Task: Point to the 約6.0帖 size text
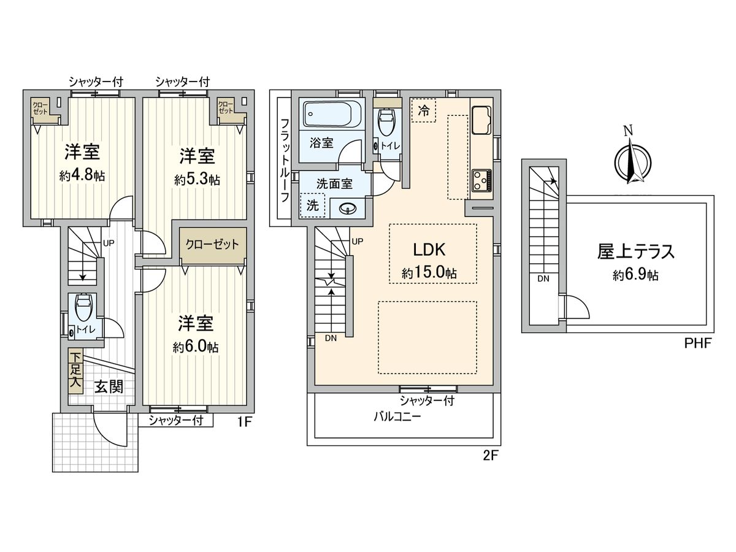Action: click(196, 347)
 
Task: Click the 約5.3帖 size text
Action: click(197, 180)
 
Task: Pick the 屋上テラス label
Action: click(636, 251)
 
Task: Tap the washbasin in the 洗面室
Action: click(348, 209)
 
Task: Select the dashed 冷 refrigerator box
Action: click(424, 110)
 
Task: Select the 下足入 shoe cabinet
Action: click(75, 370)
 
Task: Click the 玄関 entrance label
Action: click(109, 387)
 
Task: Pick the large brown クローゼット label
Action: click(213, 243)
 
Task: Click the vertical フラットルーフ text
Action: click(285, 161)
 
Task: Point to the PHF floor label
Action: click(697, 343)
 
